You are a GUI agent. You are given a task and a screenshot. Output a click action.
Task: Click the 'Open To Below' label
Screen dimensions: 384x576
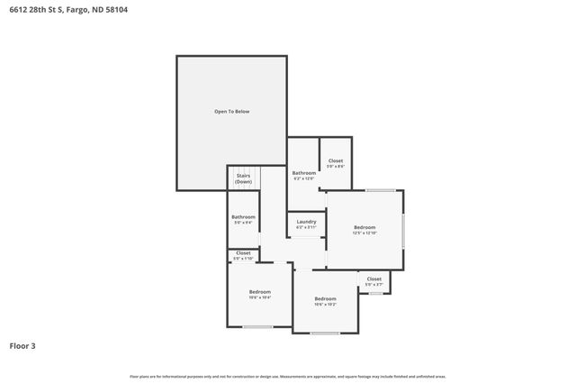231,111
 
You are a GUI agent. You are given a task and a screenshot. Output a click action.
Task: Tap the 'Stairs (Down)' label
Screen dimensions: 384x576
243,178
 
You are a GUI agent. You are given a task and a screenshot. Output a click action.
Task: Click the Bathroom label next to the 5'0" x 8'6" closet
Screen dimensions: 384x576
303,172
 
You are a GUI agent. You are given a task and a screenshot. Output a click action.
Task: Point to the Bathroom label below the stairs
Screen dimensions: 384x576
243,216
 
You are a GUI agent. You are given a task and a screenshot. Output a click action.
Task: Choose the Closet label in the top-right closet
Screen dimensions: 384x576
335,160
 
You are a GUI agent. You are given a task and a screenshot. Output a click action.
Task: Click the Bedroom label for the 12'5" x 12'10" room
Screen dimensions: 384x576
364,227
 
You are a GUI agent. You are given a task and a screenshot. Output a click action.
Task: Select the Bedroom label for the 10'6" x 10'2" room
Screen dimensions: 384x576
325,298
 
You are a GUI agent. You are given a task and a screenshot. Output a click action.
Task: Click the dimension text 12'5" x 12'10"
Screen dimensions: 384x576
364,233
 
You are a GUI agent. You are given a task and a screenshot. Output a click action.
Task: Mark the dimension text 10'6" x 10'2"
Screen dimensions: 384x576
325,305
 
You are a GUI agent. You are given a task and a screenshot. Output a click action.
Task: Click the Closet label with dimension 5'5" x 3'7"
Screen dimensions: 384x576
373,279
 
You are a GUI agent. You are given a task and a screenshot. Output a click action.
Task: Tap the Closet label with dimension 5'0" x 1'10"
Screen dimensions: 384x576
243,253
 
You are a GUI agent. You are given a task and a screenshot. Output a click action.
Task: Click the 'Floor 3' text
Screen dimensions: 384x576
22,345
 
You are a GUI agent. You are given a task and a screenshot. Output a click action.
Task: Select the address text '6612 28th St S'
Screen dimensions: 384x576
36,10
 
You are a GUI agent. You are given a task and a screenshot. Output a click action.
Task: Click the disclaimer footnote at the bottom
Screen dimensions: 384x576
287,376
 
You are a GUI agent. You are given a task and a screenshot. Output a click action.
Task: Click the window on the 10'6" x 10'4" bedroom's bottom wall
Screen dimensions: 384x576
258,326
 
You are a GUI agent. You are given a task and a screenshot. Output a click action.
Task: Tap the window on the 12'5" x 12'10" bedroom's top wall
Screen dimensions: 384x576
380,190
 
